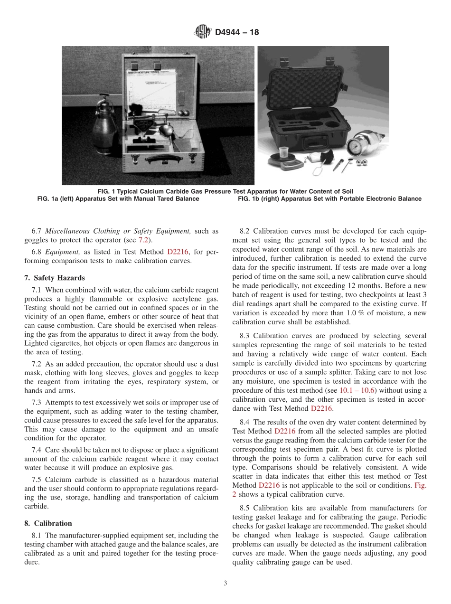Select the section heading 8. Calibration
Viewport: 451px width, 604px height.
point(48,523)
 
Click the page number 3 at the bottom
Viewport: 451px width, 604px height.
point(225,584)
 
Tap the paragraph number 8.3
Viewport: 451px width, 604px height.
point(245,336)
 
